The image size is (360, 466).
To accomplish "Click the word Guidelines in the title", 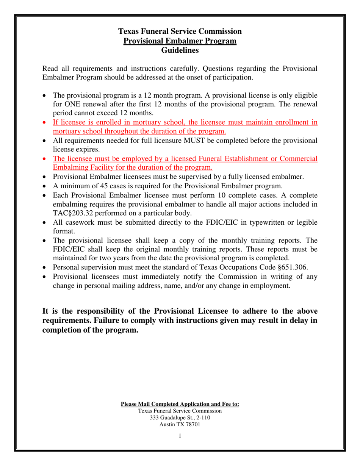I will click(180, 50).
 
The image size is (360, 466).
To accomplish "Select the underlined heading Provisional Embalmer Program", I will click(180, 41).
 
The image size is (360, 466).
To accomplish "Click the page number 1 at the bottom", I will click(180, 436).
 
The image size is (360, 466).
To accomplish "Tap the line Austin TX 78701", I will click(180, 424).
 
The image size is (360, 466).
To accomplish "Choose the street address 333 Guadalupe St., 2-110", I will click(180, 418).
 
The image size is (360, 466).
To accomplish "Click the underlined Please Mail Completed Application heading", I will click(180, 404).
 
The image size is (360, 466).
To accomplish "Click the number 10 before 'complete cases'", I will click(223, 195).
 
